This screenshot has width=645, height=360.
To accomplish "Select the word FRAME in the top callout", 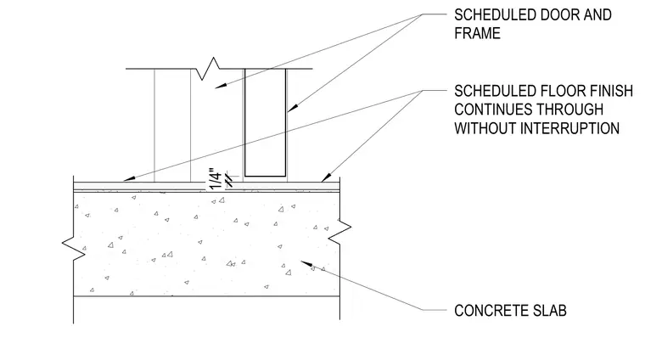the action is (477, 33).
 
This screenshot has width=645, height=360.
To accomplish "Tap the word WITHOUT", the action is (485, 128).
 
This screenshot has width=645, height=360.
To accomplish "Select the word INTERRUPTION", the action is (569, 128).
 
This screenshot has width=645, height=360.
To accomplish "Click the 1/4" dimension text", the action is (216, 178).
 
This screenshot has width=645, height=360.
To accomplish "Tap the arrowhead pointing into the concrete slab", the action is (306, 263).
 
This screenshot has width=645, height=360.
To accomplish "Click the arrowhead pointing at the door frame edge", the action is (292, 108).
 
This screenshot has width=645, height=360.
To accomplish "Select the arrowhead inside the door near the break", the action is (221, 86).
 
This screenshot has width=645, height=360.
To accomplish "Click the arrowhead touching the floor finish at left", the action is (129, 178).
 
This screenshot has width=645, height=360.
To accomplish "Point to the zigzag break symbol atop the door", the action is (207, 69).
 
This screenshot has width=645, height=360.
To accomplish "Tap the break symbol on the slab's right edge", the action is (339, 230).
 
